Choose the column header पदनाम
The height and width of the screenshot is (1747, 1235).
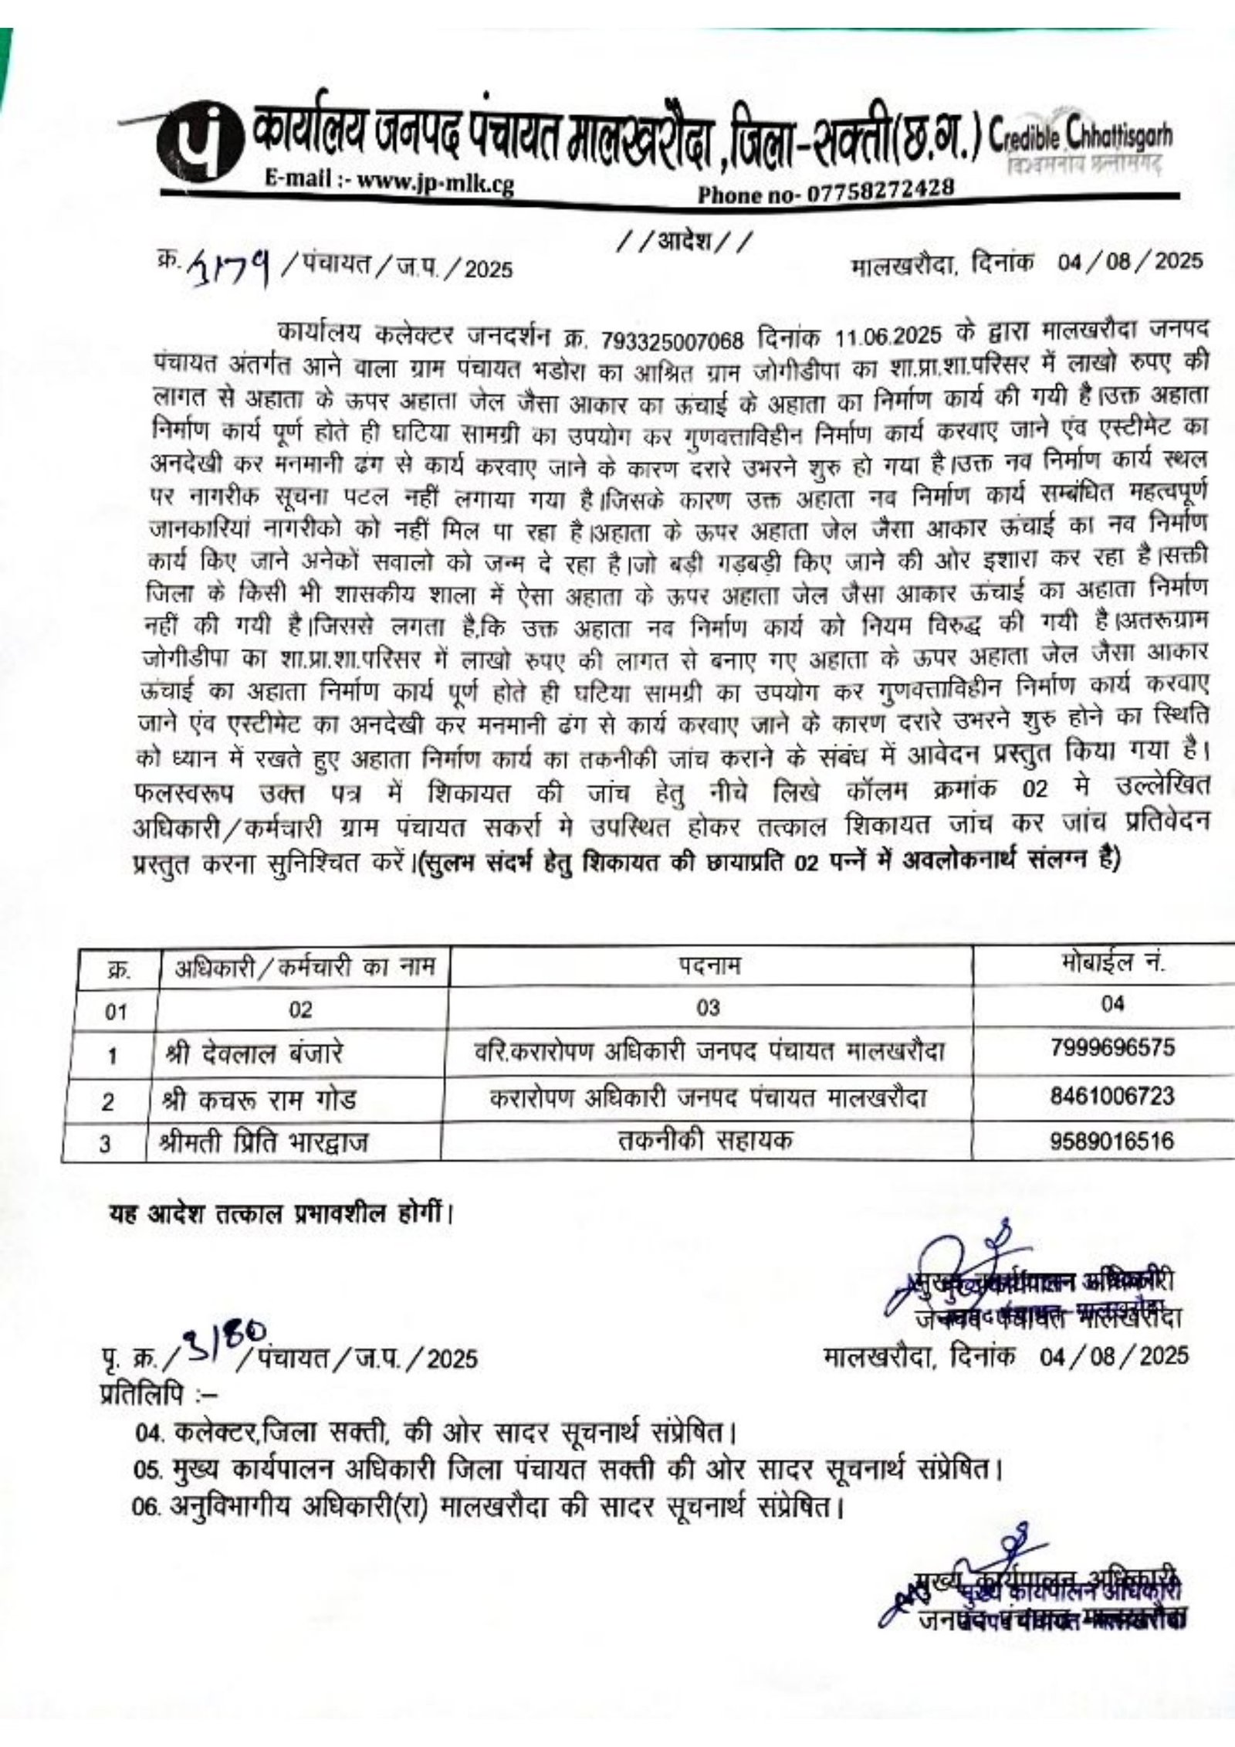tap(709, 966)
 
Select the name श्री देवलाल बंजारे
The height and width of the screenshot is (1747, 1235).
tap(255, 1053)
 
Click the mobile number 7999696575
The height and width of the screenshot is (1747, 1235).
tap(1112, 1048)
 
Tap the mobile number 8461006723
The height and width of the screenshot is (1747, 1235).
tap(1112, 1095)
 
